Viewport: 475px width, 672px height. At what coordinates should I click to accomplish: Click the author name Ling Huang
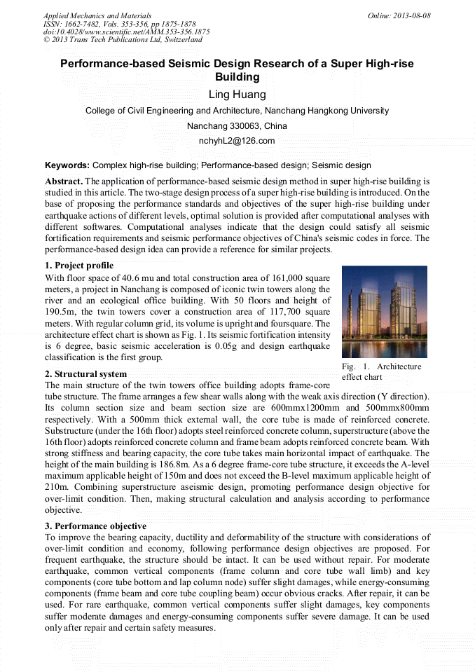click(237, 95)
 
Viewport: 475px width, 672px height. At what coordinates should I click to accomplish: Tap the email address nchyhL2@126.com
click(237, 141)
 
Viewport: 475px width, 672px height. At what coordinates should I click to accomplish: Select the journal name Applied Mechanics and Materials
click(97, 15)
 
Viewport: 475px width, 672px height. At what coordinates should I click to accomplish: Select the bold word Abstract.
click(64, 181)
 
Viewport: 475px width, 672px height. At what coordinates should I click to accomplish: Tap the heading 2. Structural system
click(85, 374)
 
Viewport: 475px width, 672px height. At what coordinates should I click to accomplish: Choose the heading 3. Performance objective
click(95, 526)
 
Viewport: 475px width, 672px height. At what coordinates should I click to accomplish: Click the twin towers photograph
click(384, 312)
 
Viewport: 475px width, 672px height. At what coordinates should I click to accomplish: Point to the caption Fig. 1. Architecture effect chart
click(382, 371)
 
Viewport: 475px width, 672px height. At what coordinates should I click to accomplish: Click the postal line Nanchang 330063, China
click(237, 126)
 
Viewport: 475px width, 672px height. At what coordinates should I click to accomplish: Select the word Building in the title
click(237, 77)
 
